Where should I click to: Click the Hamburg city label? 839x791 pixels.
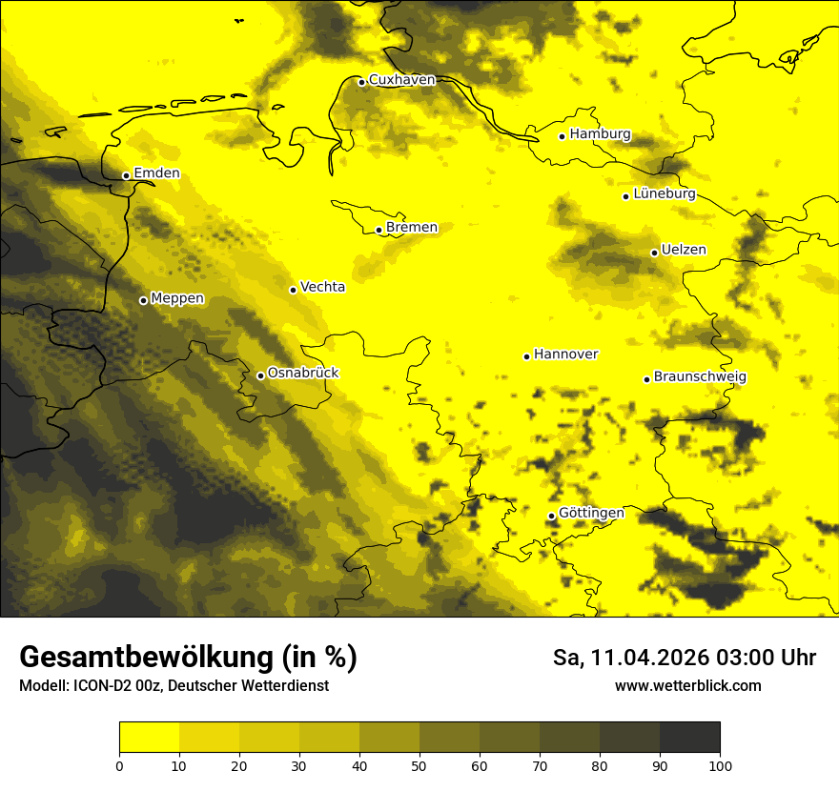coord(600,134)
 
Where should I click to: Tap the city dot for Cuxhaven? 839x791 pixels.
coord(361,82)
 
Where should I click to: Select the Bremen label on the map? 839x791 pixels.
coord(411,228)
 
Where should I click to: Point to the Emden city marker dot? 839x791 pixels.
coord(126,175)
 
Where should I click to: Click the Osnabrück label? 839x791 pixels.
coord(303,374)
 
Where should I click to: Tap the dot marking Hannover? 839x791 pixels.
coord(526,356)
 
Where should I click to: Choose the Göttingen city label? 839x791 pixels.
coord(591,514)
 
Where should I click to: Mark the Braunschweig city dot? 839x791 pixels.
coord(646,379)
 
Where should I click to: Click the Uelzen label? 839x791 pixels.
coord(684,251)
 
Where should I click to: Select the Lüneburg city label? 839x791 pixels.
coord(664,194)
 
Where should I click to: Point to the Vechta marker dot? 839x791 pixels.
coord(293,290)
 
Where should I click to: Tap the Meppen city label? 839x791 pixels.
coord(177,299)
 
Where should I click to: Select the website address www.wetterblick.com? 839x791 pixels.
coord(688,686)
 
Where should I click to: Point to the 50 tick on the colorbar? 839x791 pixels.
coord(419,765)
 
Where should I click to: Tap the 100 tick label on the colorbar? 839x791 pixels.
coord(719,765)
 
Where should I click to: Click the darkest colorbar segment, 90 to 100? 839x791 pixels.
coord(689,738)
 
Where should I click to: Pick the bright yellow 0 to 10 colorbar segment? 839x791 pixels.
coord(149,738)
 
